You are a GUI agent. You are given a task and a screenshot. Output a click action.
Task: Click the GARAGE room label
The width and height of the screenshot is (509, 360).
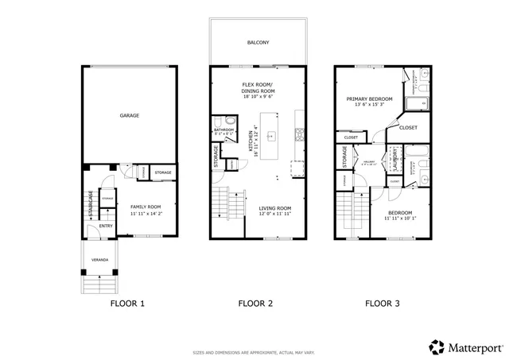(130, 116)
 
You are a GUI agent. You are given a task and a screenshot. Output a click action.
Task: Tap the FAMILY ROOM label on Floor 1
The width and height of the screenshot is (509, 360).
(146, 207)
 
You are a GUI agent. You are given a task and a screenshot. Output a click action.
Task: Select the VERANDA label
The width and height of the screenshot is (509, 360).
(99, 260)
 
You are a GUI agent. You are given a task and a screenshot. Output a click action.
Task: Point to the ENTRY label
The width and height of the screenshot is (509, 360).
(105, 226)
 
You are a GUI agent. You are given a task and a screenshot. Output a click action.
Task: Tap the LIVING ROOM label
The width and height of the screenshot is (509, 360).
(275, 209)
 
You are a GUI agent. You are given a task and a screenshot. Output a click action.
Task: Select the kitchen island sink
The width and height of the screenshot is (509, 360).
(270, 134)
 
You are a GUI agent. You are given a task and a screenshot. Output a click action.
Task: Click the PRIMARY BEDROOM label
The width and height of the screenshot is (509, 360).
(370, 99)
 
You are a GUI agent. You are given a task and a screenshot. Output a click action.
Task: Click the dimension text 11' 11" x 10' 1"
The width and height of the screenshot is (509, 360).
(400, 218)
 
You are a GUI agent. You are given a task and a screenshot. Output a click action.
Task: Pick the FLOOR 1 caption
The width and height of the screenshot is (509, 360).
(127, 304)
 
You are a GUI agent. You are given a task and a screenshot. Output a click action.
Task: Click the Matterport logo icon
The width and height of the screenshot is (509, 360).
(437, 346)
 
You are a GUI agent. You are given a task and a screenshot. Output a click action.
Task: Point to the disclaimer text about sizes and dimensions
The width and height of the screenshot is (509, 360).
(254, 352)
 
